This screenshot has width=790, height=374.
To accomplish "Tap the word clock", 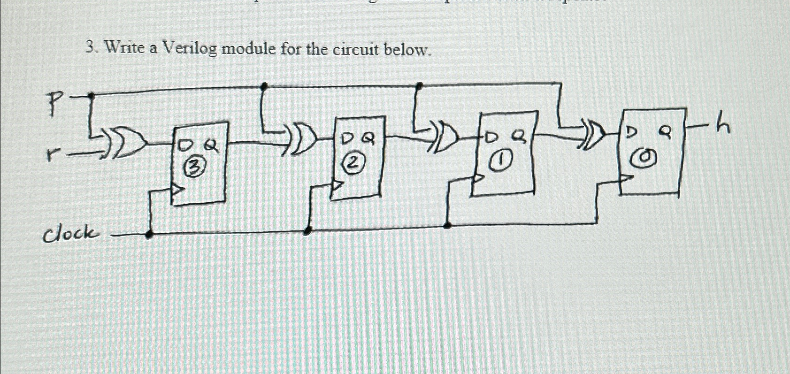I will pos(70,233).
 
